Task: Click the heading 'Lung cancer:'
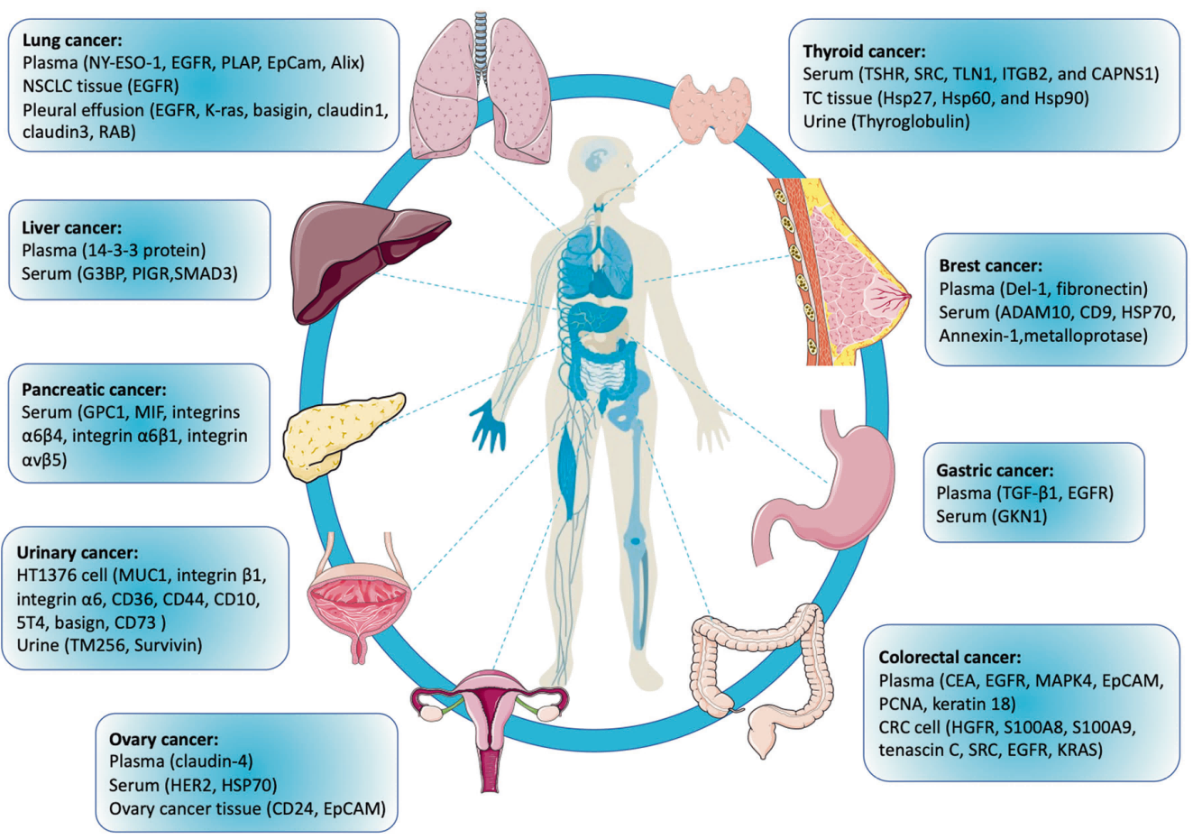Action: click(72, 41)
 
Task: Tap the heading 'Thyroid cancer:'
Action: click(864, 51)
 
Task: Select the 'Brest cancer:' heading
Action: click(990, 266)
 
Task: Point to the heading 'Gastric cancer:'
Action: click(995, 470)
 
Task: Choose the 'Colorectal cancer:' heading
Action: click(950, 658)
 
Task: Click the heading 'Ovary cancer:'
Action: click(163, 740)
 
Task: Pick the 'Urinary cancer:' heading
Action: click(78, 552)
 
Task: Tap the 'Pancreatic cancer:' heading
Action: click(94, 390)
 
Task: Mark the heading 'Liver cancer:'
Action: click(71, 227)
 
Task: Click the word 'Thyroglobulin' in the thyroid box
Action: click(910, 121)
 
